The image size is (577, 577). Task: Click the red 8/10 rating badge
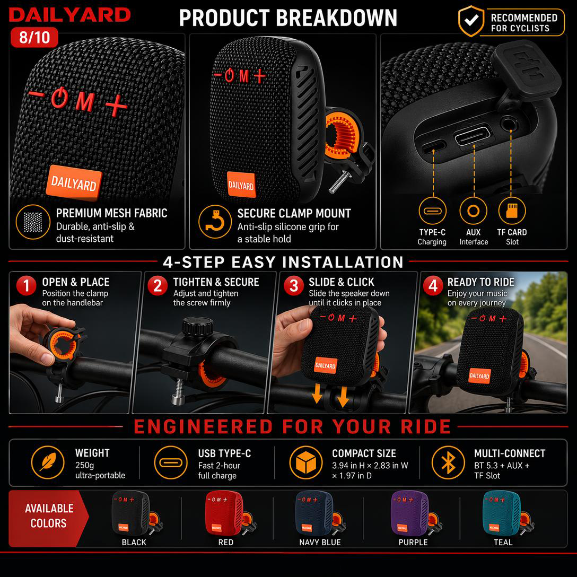point(34,37)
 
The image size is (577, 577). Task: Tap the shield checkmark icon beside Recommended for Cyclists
point(471,21)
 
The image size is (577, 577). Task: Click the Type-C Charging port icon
point(432,211)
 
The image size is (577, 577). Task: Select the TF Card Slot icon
point(512,211)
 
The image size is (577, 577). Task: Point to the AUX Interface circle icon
point(473,211)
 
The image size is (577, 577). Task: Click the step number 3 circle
point(294,285)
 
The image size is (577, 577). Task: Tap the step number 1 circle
point(26,285)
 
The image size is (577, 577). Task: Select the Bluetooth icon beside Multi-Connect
point(448,462)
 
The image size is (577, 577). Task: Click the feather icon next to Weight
point(48,462)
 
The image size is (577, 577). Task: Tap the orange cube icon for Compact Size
point(306,462)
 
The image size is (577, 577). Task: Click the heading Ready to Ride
point(480,282)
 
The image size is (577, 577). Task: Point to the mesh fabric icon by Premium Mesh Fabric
point(33,222)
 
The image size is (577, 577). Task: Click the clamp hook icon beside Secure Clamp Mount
point(215,222)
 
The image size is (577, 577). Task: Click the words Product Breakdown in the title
point(288,18)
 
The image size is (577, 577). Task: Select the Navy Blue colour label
point(320,543)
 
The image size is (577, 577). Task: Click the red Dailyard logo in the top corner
point(69,15)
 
